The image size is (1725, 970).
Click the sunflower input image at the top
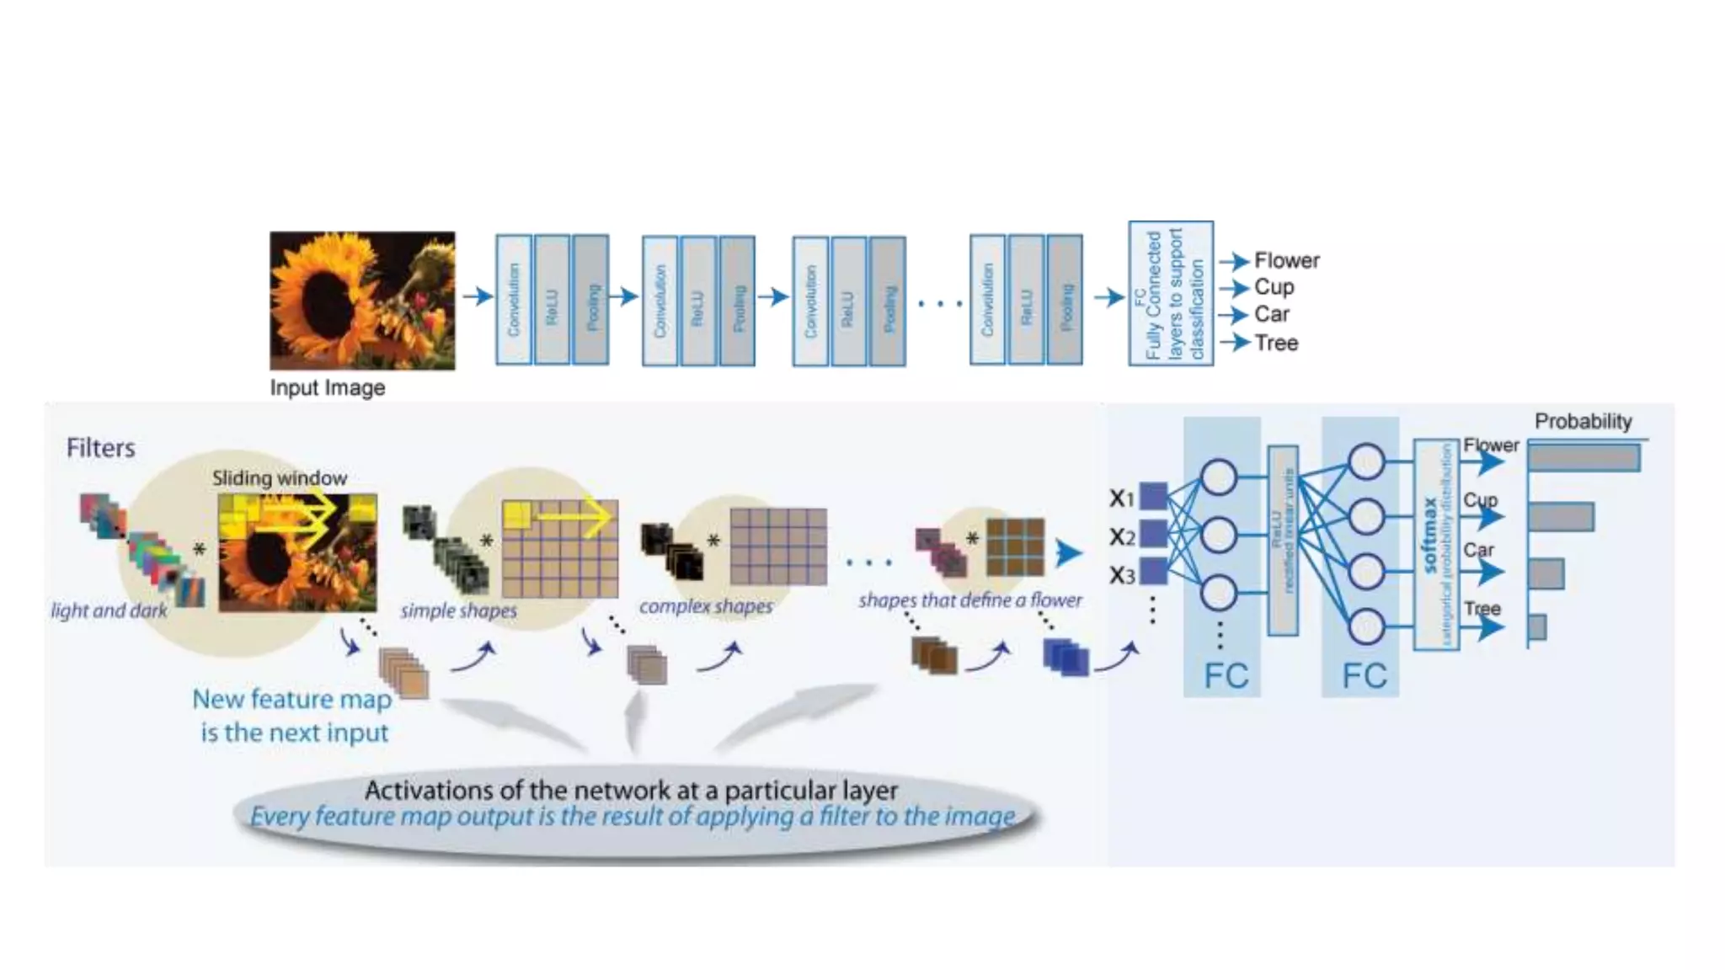(362, 301)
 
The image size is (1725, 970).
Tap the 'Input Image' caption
(327, 388)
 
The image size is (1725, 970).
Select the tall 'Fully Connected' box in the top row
(1171, 293)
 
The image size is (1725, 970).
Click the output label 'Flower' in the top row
(1286, 261)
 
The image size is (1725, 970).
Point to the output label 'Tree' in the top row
(1276, 343)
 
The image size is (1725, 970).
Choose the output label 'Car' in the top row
(1271, 315)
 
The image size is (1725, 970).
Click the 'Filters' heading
(100, 448)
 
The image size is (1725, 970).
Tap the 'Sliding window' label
(279, 478)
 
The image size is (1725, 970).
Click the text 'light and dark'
(109, 610)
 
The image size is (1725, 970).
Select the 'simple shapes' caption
(458, 610)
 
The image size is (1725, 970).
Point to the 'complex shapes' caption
(705, 606)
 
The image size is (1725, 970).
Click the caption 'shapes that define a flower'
(969, 600)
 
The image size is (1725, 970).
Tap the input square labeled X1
(1153, 496)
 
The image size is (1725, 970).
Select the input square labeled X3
(1153, 572)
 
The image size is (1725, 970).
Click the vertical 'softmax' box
(1436, 545)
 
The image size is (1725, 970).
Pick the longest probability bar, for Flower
(1583, 458)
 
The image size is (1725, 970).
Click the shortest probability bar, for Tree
(1537, 627)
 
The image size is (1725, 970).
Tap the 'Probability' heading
(1583, 421)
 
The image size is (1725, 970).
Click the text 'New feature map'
(291, 699)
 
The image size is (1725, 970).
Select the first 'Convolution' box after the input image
(514, 300)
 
